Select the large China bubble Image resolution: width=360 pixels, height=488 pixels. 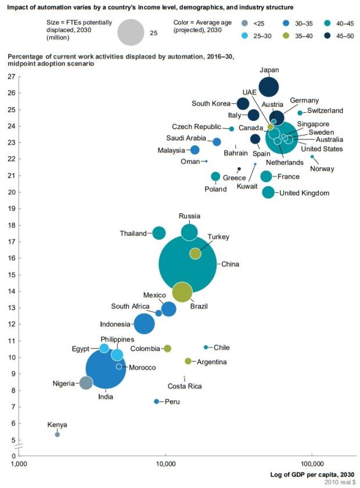(188, 264)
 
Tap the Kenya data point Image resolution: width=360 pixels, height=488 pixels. (57, 434)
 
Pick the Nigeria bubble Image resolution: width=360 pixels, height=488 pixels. (86, 382)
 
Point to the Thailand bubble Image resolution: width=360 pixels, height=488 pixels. (159, 233)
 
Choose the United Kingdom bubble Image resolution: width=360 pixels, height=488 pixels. (268, 192)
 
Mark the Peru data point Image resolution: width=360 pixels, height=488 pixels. (156, 401)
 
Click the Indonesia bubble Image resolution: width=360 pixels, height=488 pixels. (144, 324)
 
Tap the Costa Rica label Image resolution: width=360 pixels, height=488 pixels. (185, 386)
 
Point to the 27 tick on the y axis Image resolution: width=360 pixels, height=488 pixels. (12, 76)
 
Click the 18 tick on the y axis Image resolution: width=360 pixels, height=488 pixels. (12, 224)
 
